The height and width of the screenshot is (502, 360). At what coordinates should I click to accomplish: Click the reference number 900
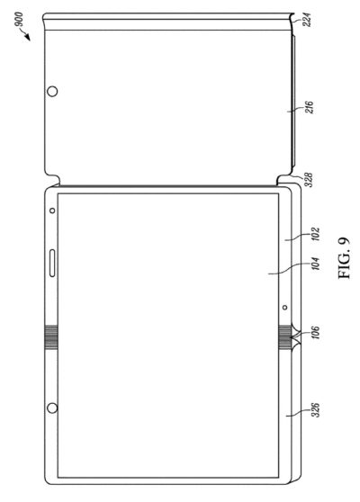(x=19, y=19)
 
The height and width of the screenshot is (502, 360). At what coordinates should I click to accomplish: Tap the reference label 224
(x=309, y=20)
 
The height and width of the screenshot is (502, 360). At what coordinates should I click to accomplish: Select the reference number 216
(x=309, y=108)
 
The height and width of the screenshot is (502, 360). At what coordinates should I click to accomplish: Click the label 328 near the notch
(x=308, y=180)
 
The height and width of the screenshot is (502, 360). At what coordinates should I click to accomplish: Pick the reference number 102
(x=315, y=234)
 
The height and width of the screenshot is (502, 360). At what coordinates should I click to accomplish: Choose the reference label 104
(x=315, y=264)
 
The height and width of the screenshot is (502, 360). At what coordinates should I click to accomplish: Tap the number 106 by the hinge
(x=315, y=333)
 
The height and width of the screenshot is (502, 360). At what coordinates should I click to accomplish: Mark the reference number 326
(x=315, y=410)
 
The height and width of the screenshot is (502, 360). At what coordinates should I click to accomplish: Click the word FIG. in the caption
(x=345, y=268)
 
